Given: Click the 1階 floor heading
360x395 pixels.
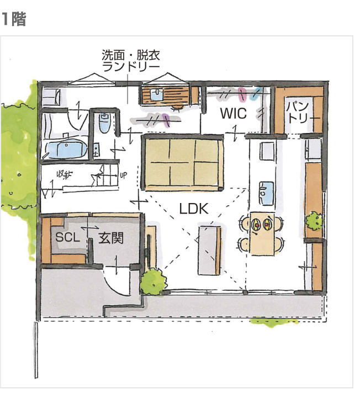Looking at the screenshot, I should pos(13,19).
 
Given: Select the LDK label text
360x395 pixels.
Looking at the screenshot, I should pos(193,208).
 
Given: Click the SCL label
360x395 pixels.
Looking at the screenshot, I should pos(68,238).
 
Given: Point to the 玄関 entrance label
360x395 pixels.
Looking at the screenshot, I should pos(110,238).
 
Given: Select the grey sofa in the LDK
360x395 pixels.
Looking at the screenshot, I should pos(209,249).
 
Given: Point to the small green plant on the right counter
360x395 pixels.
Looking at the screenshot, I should pos(314,222).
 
